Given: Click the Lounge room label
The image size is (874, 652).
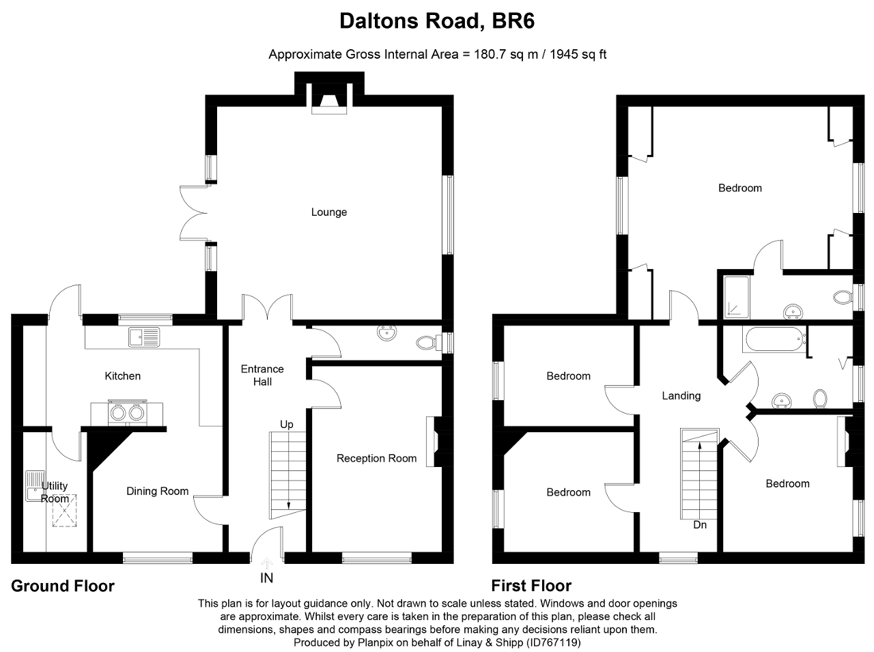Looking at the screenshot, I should click(x=328, y=212).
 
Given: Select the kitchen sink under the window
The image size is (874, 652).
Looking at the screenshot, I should click(x=143, y=335).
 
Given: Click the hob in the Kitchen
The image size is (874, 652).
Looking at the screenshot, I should click(x=127, y=412).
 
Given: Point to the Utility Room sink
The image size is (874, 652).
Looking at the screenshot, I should click(x=34, y=485).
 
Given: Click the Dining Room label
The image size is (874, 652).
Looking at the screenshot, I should click(x=157, y=491).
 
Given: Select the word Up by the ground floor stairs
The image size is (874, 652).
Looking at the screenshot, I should click(x=287, y=425).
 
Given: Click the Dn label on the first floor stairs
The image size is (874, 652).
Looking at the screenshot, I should click(x=700, y=525).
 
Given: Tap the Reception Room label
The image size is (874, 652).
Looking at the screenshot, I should click(x=376, y=458).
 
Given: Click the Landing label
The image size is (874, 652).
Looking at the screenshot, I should click(x=681, y=396).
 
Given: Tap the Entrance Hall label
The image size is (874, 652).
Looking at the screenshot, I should click(x=262, y=375).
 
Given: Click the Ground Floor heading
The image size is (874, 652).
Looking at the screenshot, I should click(x=63, y=586).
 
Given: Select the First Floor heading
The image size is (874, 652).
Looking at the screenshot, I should click(x=531, y=586).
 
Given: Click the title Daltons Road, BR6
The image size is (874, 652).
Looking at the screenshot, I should click(x=437, y=22).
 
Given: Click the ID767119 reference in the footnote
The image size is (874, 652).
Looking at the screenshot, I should click(x=552, y=642).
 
